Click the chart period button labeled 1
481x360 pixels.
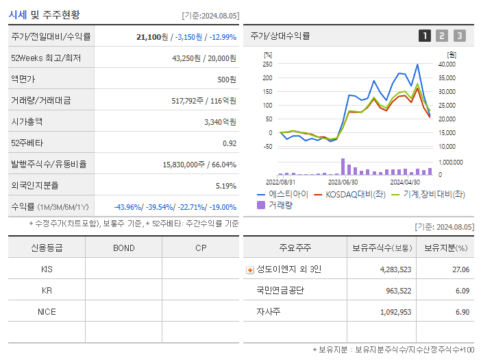(425, 36)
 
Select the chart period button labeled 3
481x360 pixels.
(459, 36)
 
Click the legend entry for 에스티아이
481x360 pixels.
(282, 194)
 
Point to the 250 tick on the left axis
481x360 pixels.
(267, 64)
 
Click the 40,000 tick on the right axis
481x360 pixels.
(446, 64)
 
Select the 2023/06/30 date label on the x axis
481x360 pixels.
(343, 182)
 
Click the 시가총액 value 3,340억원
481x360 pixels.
(220, 121)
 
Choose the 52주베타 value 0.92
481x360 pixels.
(230, 143)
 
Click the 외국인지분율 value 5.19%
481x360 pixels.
(225, 185)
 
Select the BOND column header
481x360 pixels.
(123, 248)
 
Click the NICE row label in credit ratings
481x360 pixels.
(47, 311)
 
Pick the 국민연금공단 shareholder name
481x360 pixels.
(280, 290)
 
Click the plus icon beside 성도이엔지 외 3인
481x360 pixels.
(249, 269)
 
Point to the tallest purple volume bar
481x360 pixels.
(343, 167)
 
